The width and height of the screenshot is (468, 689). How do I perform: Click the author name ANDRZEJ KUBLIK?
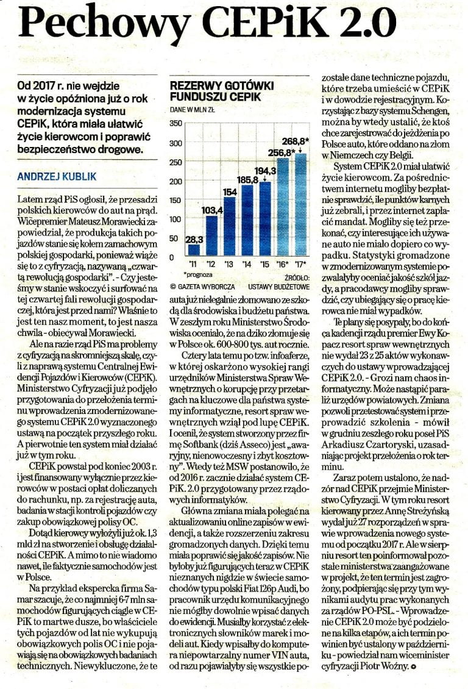[57, 177]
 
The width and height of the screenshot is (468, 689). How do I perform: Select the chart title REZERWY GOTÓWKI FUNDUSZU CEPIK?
[222, 91]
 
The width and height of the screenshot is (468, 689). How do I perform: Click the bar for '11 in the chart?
[194, 250]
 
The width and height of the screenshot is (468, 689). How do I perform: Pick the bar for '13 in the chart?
[229, 227]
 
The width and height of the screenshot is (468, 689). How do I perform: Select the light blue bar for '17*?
[301, 205]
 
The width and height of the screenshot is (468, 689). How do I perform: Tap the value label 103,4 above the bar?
[211, 210]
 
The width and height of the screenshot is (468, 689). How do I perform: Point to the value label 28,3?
[194, 240]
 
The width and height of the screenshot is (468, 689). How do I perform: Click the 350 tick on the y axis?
[175, 124]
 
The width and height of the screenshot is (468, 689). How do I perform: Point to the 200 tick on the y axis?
[175, 181]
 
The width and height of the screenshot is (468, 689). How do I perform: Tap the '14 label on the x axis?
[247, 264]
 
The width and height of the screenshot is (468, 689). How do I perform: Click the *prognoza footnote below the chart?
[199, 274]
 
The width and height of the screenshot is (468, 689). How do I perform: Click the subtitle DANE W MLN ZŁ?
[192, 110]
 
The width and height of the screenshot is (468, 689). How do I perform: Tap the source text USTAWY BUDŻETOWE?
[278, 287]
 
